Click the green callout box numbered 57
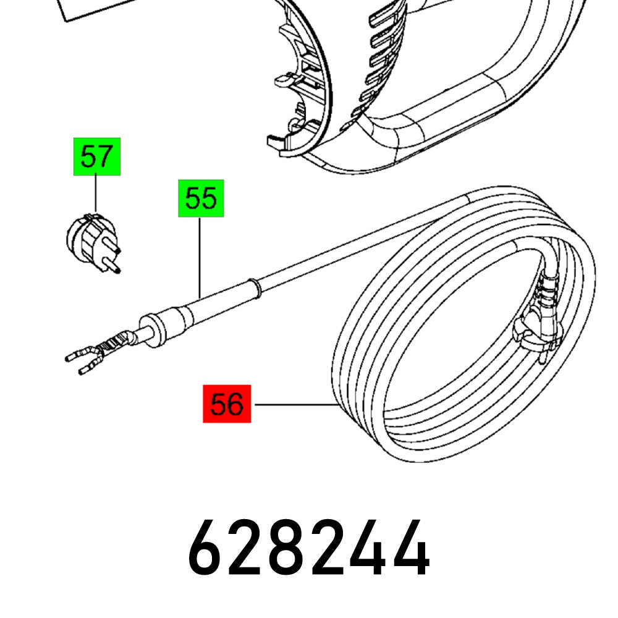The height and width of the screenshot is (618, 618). coord(96,157)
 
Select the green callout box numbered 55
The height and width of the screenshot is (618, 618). coord(201,198)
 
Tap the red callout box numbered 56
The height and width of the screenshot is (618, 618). coord(227,405)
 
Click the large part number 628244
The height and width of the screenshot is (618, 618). coord(308,549)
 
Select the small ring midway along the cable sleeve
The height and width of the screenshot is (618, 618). coord(252,287)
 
